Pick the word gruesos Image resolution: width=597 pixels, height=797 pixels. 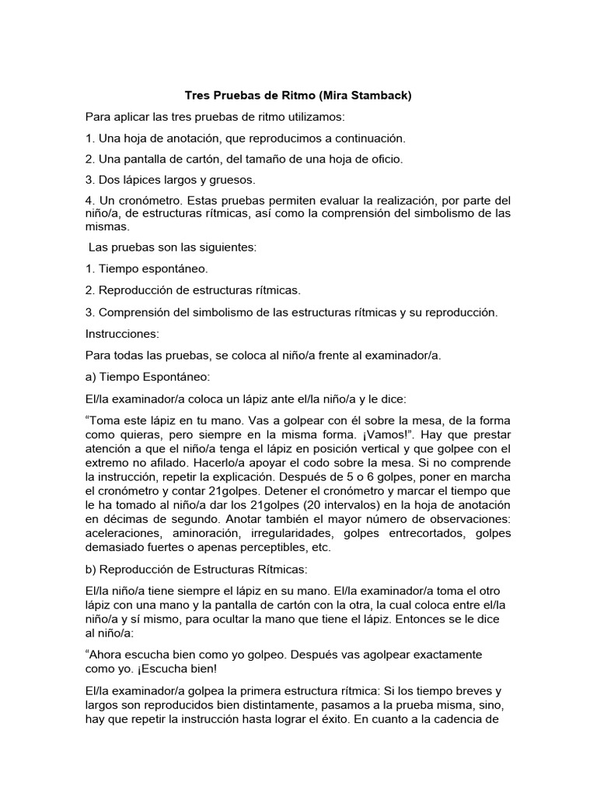(190, 180)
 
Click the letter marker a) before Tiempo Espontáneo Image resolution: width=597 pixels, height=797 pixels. (91, 376)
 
